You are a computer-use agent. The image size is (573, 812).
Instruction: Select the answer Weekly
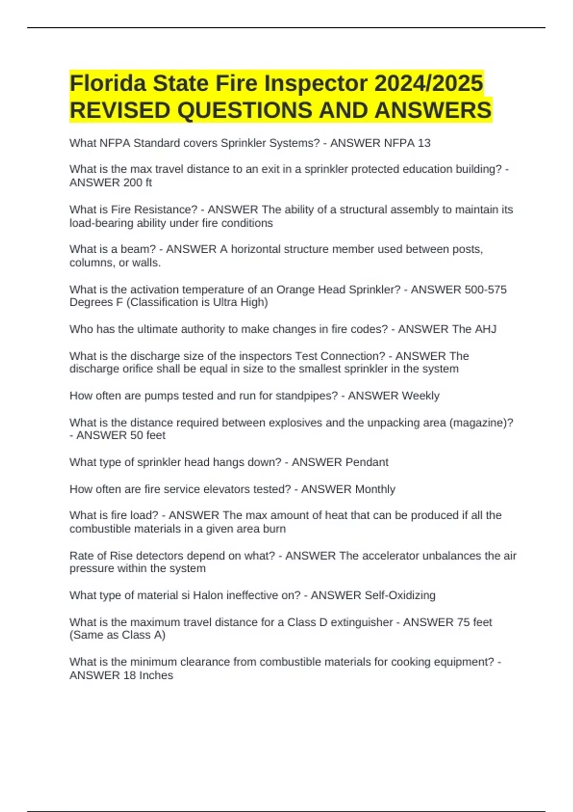[420, 395]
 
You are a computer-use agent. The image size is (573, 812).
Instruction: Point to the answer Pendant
[367, 462]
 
